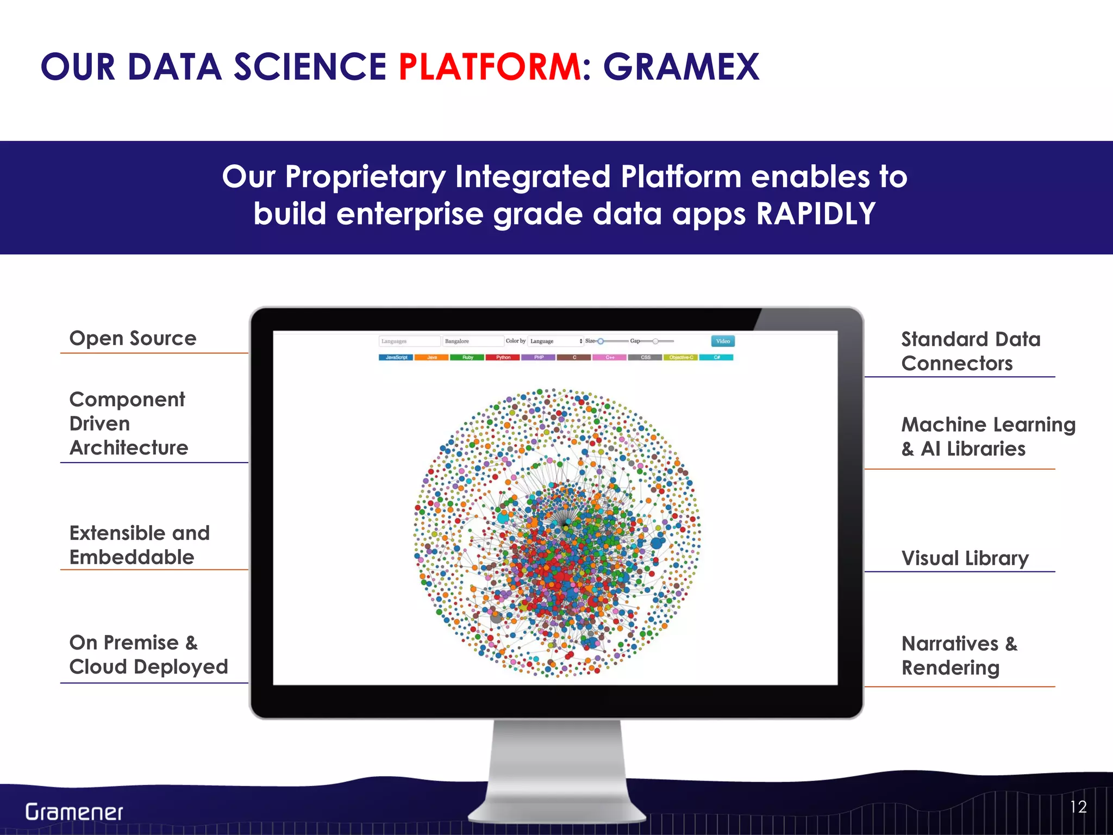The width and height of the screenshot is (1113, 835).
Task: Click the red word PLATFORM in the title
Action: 489,67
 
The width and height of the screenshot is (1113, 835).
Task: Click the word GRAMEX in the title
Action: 681,67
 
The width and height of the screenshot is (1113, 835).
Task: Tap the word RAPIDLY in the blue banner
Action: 816,214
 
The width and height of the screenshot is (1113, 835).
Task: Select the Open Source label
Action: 133,339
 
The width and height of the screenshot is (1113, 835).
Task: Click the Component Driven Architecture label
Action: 128,423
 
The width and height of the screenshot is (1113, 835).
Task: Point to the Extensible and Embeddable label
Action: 139,545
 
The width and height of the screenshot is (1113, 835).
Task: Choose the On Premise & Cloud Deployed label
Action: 148,655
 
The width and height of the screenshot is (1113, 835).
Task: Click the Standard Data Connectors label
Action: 970,351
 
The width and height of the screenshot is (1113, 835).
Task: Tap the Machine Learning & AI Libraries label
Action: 987,437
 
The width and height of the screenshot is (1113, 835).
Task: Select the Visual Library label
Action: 965,558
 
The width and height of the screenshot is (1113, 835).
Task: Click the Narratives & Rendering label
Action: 958,656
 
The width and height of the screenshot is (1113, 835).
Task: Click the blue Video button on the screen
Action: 722,341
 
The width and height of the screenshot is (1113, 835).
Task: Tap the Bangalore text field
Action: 472,341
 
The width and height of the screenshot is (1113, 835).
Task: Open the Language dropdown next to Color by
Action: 555,341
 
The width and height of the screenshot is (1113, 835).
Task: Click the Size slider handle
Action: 601,341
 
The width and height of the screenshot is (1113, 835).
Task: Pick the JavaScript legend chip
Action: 396,358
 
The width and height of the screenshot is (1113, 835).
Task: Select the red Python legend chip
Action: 503,358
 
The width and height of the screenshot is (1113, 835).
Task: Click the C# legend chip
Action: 716,358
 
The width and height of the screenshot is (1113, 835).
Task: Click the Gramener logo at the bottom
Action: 74,812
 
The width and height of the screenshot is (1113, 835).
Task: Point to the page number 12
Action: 1078,807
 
